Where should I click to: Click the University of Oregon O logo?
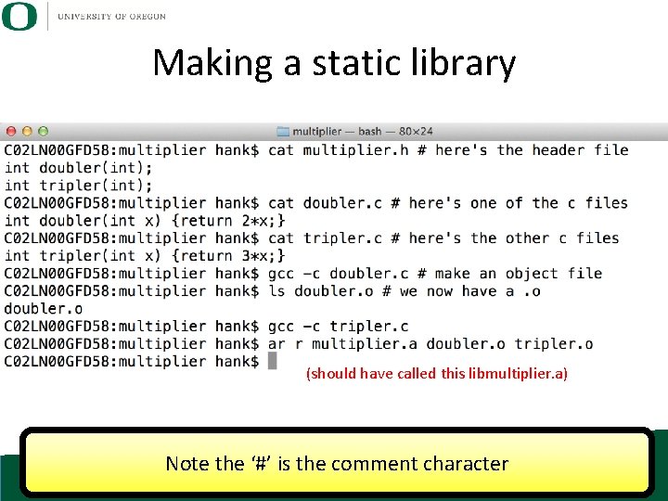point(19,16)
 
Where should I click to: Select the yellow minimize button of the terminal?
point(26,132)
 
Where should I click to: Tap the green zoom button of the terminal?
point(43,132)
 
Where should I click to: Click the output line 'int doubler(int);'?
point(79,168)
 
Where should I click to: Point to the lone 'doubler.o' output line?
point(44,309)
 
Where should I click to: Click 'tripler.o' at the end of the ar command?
point(554,344)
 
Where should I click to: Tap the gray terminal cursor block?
point(273,361)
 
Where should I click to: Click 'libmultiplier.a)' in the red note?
point(522,374)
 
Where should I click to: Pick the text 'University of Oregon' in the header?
point(111,17)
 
